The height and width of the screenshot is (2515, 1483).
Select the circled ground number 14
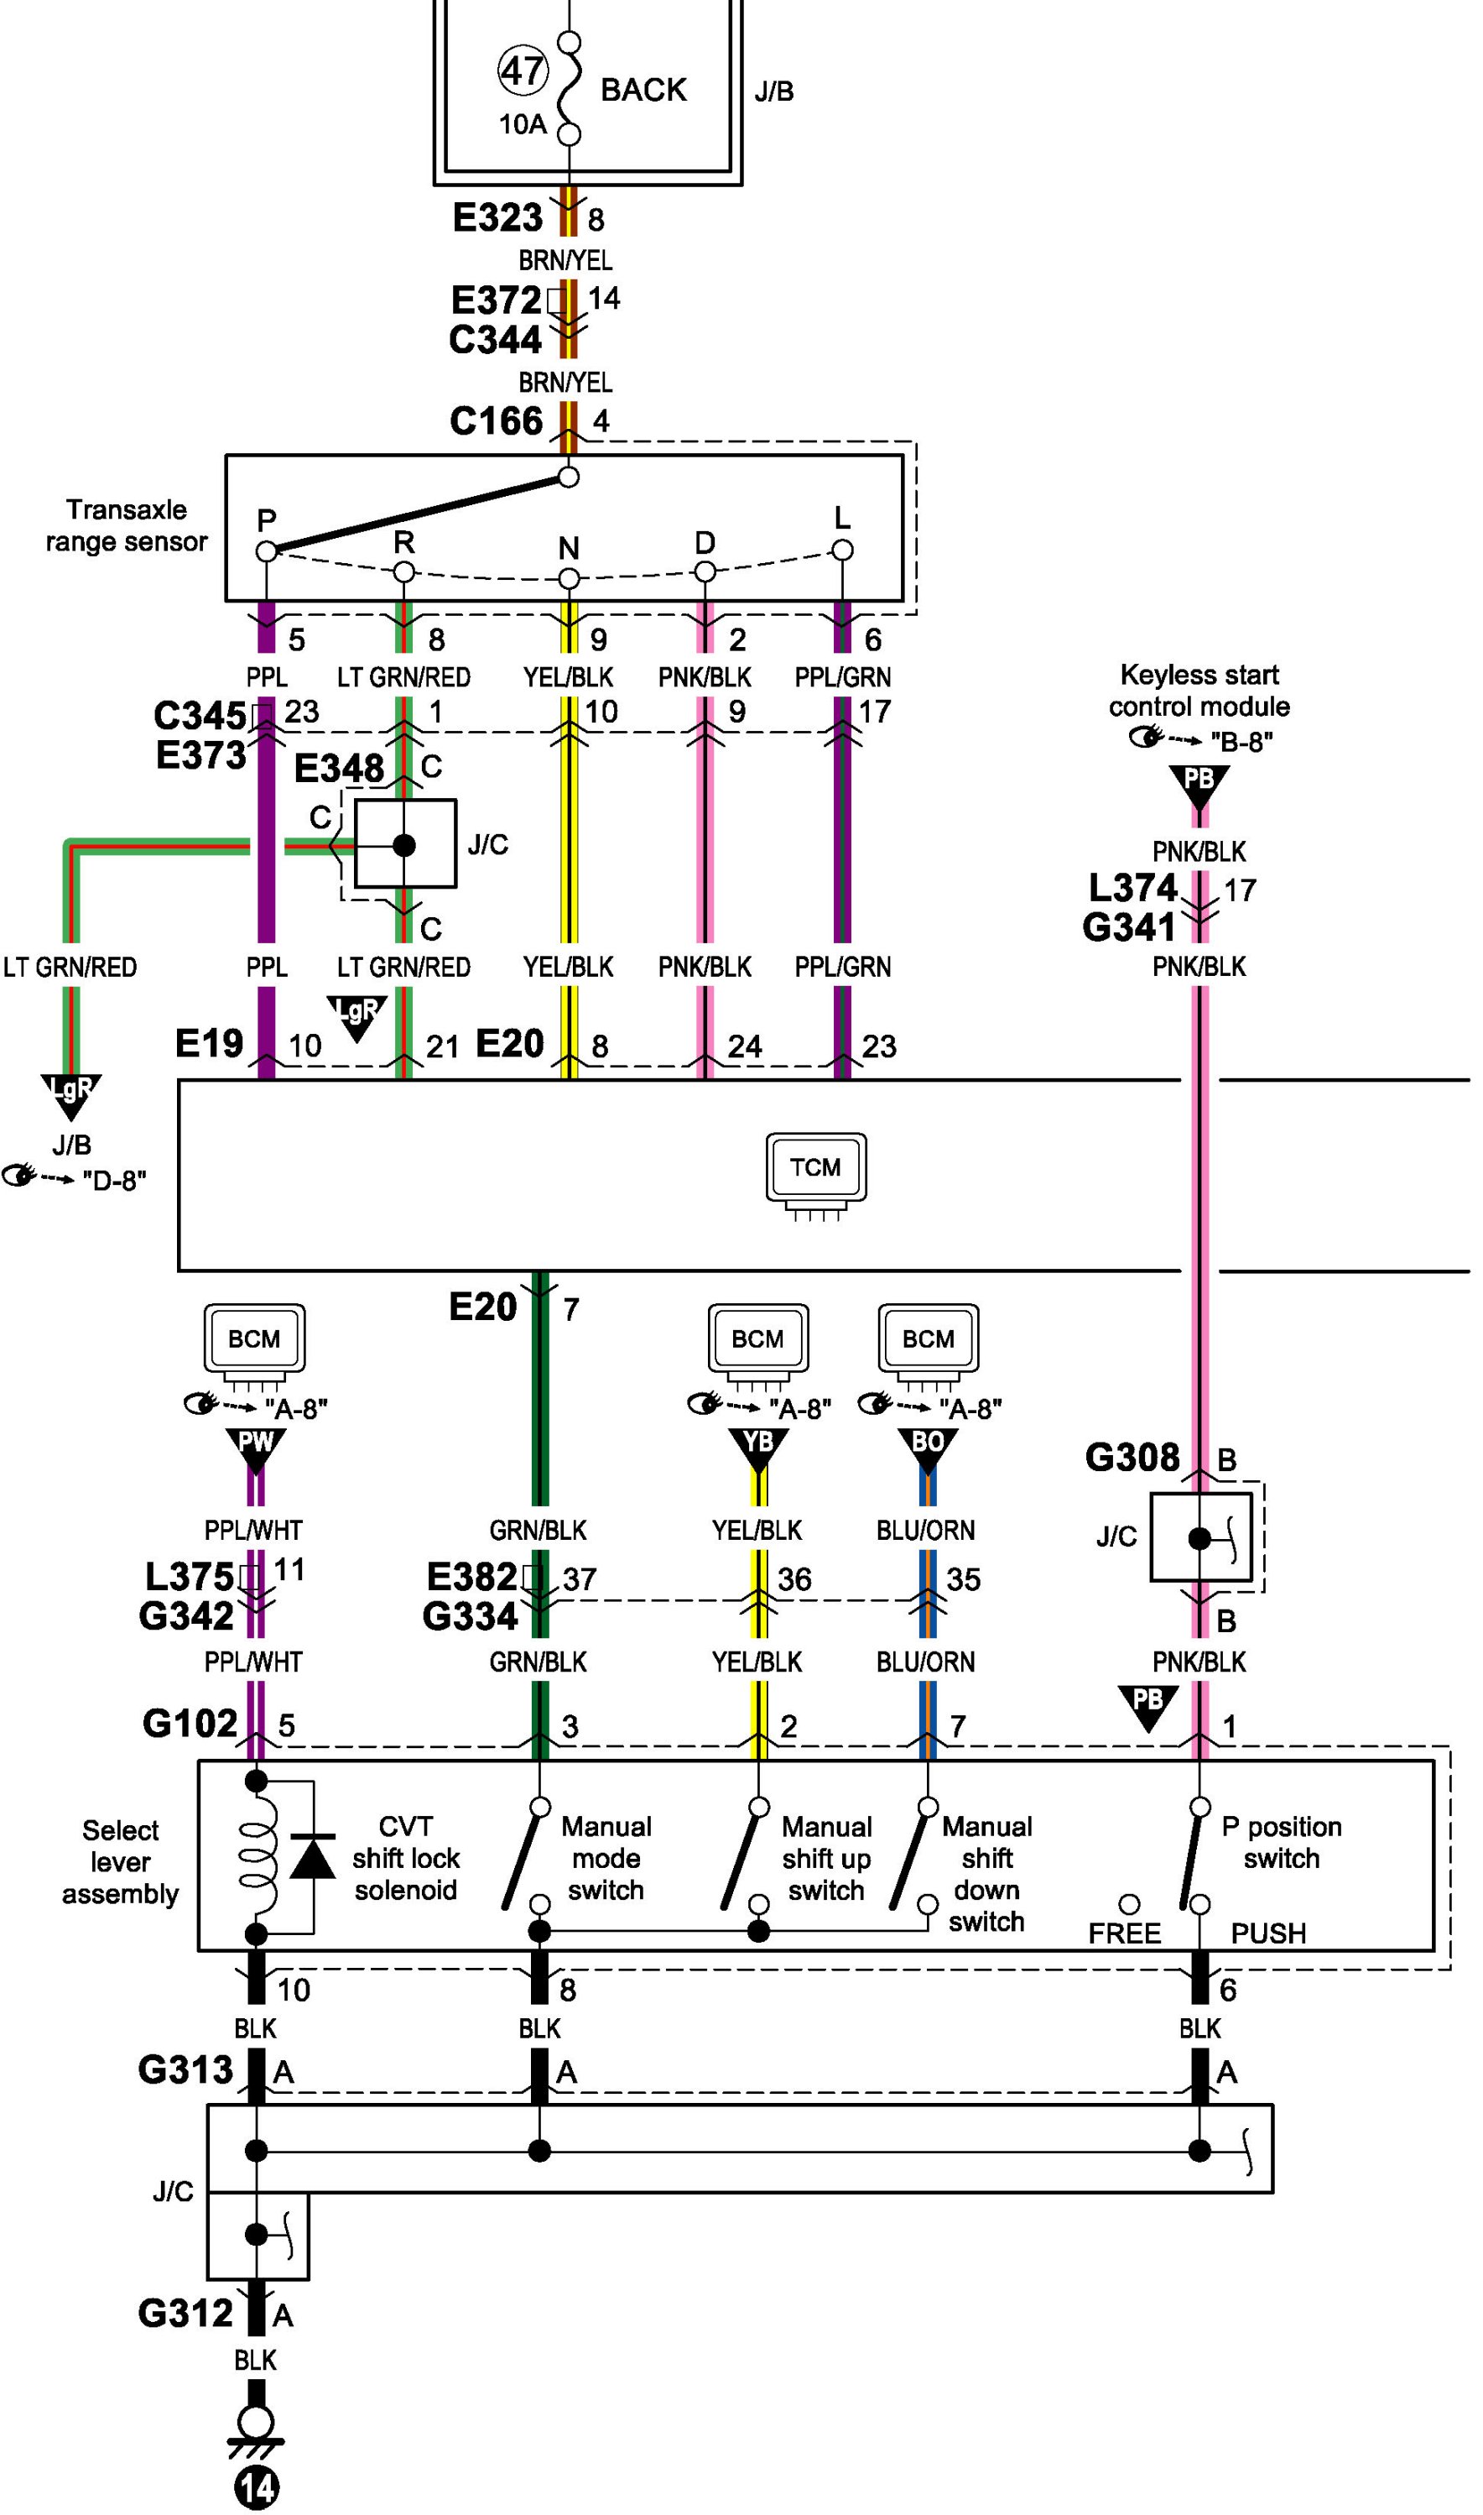(x=256, y=2487)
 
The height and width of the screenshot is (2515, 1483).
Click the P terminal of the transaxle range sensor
(x=266, y=550)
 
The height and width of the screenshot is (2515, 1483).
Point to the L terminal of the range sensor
(x=842, y=550)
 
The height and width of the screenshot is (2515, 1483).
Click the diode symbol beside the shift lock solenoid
(x=313, y=1858)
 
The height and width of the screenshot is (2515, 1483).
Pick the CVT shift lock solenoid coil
(x=257, y=1858)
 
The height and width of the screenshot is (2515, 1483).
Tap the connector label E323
(x=497, y=218)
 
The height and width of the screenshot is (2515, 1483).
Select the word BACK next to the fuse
(x=643, y=90)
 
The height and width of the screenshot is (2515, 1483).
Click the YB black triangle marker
(x=758, y=1447)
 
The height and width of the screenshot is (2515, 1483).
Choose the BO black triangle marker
(x=928, y=1447)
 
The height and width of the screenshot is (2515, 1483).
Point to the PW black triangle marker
(x=256, y=1447)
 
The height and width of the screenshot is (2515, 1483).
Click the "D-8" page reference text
(x=114, y=1181)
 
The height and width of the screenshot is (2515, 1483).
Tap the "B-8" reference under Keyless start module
(x=1241, y=742)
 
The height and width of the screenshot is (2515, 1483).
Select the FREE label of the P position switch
(x=1124, y=1933)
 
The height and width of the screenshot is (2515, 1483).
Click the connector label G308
(x=1132, y=1458)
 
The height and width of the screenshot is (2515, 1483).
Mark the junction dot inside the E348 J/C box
(x=403, y=846)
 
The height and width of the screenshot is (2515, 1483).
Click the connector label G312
(x=186, y=2313)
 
